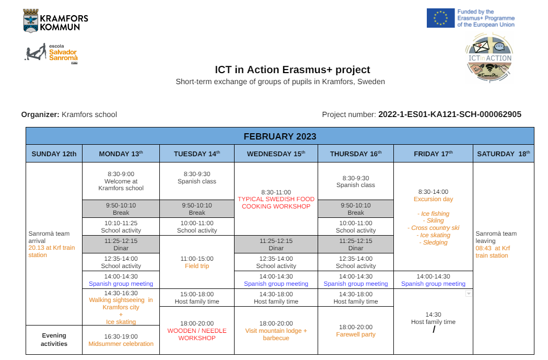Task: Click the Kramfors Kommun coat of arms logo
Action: [x=31, y=20]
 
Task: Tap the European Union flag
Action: [x=440, y=18]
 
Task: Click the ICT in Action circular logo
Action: [x=489, y=57]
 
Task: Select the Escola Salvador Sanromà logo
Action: [x=51, y=53]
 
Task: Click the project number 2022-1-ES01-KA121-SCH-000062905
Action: [x=450, y=114]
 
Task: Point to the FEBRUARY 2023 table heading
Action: [x=280, y=136]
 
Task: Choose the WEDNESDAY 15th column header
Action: [x=276, y=154]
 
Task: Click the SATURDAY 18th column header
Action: [x=504, y=154]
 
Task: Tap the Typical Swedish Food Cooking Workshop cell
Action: [x=276, y=199]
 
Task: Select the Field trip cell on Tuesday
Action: [x=197, y=262]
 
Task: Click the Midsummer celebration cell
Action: [x=121, y=340]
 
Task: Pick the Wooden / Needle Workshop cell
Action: [x=197, y=331]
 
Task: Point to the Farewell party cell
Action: [x=356, y=331]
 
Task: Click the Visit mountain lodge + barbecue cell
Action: [x=276, y=331]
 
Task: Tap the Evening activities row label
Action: [x=54, y=340]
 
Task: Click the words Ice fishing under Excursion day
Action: [x=435, y=214]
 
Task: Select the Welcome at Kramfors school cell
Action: [x=121, y=181]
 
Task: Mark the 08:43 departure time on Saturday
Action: [x=483, y=248]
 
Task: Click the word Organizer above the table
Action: [x=40, y=114]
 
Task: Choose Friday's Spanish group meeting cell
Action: [x=434, y=280]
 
